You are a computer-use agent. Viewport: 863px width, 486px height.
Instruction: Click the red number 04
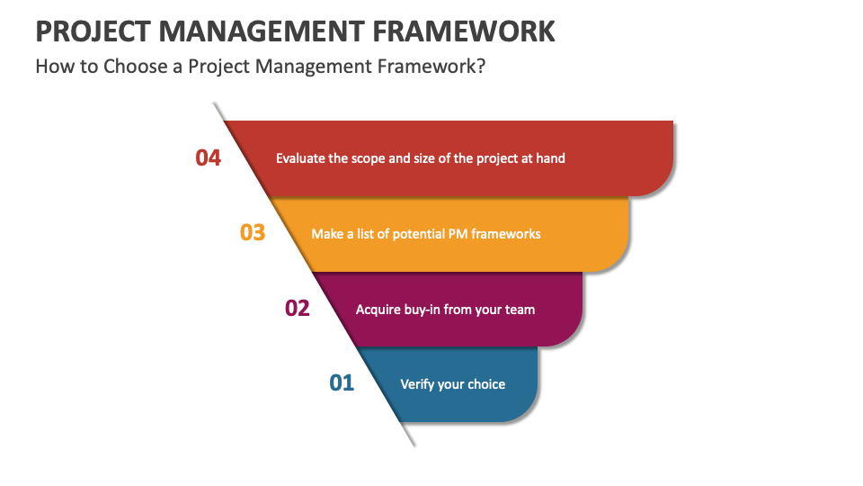[x=208, y=158]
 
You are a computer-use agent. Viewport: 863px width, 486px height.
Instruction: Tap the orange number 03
[x=253, y=232]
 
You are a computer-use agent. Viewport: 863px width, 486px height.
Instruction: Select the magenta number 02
[x=298, y=308]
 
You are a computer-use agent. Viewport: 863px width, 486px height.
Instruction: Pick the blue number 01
[x=342, y=383]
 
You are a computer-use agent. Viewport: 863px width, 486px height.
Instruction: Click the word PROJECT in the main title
[x=93, y=31]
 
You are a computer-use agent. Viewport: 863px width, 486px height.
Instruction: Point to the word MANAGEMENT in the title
[x=262, y=31]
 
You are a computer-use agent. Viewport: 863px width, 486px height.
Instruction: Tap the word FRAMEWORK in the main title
[x=464, y=31]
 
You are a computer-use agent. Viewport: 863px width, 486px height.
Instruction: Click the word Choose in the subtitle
[x=136, y=67]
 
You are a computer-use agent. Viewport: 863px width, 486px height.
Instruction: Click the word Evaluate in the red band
[x=300, y=158]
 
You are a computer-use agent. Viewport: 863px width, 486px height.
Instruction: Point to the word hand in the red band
[x=550, y=158]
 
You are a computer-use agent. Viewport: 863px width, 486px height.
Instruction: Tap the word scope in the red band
[x=369, y=159]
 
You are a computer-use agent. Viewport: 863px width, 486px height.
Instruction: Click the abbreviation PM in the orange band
[x=458, y=234]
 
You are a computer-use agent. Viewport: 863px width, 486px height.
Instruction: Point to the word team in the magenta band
[x=520, y=310]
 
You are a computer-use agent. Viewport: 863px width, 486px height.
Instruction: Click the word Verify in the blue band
[x=417, y=384]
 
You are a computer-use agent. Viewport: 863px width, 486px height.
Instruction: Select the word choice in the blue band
[x=486, y=384]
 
